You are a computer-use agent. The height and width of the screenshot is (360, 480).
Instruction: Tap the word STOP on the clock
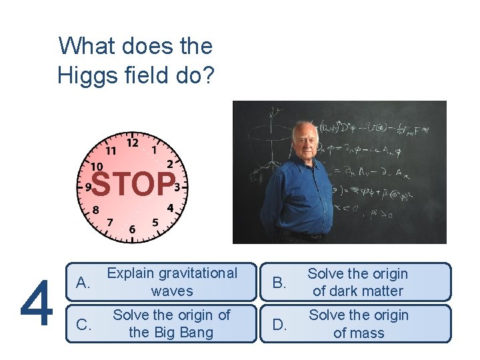(133, 185)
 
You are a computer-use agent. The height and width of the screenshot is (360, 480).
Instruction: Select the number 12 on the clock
(132, 143)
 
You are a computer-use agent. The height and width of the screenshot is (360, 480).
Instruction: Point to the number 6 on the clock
(132, 229)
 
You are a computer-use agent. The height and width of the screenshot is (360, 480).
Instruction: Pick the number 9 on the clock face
(88, 188)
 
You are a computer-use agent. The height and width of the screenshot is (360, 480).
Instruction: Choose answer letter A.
(83, 283)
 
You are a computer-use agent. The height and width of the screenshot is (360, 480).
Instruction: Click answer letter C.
(83, 325)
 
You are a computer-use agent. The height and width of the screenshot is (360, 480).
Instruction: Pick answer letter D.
(280, 325)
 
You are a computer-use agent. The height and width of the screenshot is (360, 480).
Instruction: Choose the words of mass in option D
(359, 333)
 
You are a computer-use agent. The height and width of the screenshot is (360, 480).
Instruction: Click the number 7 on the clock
(110, 222)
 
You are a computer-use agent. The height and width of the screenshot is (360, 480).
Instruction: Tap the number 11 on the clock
(110, 151)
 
